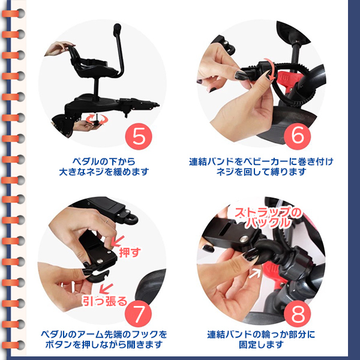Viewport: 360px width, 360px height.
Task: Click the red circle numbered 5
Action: point(139,136)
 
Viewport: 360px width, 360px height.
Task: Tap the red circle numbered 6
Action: point(298,136)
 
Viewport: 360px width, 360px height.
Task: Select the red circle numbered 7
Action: point(138,314)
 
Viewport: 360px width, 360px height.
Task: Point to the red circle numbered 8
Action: point(298,314)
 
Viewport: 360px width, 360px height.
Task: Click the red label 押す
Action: point(130,253)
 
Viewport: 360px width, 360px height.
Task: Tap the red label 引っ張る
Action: point(105,301)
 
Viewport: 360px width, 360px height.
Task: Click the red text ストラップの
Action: point(268,212)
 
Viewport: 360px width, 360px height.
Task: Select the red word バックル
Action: point(268,223)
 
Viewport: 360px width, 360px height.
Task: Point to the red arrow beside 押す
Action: point(118,241)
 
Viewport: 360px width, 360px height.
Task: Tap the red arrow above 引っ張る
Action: point(106,289)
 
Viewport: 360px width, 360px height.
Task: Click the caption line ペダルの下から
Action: point(104,161)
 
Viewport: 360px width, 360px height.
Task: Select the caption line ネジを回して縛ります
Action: point(261,172)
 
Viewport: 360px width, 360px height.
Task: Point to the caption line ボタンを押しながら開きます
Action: point(104,344)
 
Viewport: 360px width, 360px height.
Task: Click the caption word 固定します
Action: point(261,344)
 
